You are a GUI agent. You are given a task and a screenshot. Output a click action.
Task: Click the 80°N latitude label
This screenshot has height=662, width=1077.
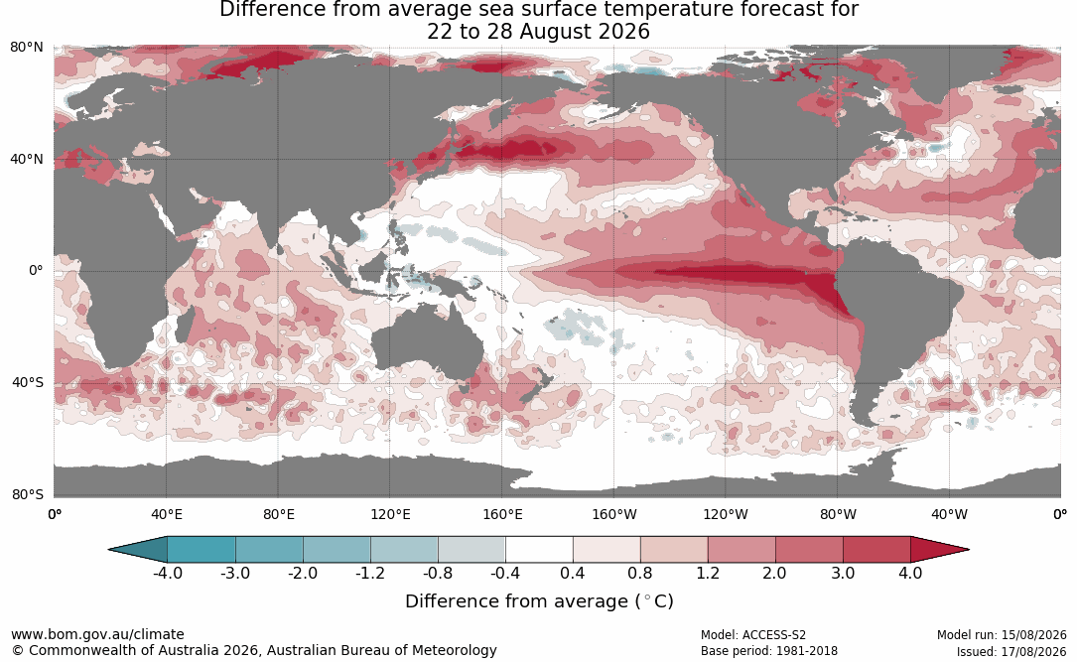pyautogui.click(x=26, y=48)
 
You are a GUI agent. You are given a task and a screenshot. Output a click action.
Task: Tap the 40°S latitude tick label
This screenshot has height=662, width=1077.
pyautogui.click(x=28, y=382)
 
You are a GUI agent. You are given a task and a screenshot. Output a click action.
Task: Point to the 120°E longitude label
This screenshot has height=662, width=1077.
pyautogui.click(x=390, y=514)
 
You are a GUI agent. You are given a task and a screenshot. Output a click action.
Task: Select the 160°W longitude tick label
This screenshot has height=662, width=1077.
pyautogui.click(x=614, y=514)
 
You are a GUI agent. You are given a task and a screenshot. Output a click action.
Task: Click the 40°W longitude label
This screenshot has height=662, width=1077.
pyautogui.click(x=950, y=514)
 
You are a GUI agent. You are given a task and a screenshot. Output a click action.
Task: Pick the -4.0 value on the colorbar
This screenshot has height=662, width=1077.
pyautogui.click(x=168, y=573)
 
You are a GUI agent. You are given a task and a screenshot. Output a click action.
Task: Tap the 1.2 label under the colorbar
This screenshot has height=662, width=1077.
pyautogui.click(x=708, y=573)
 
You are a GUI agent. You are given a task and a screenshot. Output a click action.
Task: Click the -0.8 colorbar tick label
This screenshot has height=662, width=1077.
pyautogui.click(x=438, y=573)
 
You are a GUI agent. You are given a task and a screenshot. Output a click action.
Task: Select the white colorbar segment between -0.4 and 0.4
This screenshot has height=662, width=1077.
pyautogui.click(x=539, y=550)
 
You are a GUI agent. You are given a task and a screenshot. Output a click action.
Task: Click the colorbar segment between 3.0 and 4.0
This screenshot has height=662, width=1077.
pyautogui.click(x=876, y=550)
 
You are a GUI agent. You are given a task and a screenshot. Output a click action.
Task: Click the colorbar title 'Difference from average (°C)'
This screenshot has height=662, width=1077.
pyautogui.click(x=539, y=601)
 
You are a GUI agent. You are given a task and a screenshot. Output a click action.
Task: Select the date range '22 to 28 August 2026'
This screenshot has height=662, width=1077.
pyautogui.click(x=538, y=32)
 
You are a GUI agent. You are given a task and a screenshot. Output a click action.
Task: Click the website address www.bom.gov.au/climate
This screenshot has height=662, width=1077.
pyautogui.click(x=97, y=634)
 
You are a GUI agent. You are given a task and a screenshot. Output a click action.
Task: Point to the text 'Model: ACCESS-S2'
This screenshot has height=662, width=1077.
pyautogui.click(x=753, y=635)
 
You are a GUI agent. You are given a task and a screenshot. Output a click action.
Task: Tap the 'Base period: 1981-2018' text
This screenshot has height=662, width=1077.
pyautogui.click(x=769, y=651)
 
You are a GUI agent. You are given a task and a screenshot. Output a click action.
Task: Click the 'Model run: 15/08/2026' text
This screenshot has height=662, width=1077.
pyautogui.click(x=1002, y=635)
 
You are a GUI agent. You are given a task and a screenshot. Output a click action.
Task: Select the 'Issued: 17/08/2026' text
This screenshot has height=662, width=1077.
pyautogui.click(x=1011, y=651)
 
